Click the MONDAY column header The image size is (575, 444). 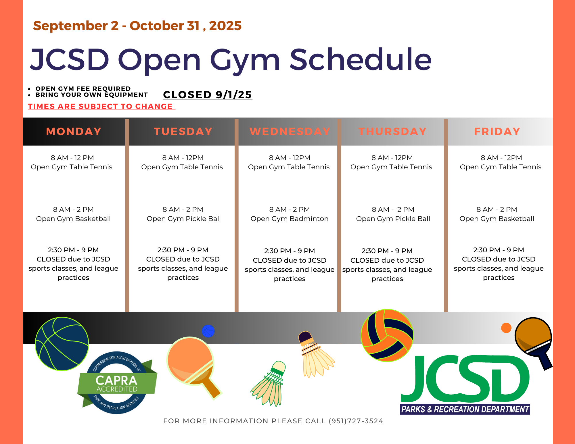pyautogui.click(x=74, y=131)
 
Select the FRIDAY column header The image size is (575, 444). pyautogui.click(x=497, y=131)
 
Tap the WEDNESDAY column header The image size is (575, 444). pyautogui.click(x=290, y=131)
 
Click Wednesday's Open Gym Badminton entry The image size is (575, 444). pyautogui.click(x=290, y=214)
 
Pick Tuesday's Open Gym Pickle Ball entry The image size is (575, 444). pyautogui.click(x=184, y=214)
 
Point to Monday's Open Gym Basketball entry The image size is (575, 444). pyautogui.click(x=73, y=214)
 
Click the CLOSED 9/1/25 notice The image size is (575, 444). pyautogui.click(x=208, y=95)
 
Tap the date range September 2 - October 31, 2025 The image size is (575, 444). pyautogui.click(x=137, y=26)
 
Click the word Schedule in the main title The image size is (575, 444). pyautogui.click(x=361, y=59)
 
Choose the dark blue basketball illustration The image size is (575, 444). pyautogui.click(x=62, y=344)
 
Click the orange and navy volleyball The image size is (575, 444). pyautogui.click(x=387, y=335)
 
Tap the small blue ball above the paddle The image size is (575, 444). pyautogui.click(x=208, y=331)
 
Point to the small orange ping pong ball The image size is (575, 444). pyautogui.click(x=506, y=328)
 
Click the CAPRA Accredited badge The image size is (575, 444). pyautogui.click(x=117, y=383)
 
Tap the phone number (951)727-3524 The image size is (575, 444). pyautogui.click(x=356, y=421)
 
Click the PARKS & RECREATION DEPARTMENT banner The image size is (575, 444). pyautogui.click(x=465, y=409)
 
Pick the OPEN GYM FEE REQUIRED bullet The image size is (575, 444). pyautogui.click(x=83, y=89)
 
